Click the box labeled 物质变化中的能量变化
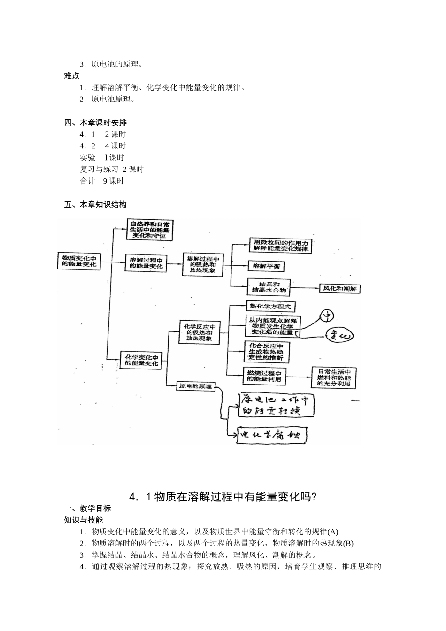click(79, 262)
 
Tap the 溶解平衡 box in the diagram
click(266, 266)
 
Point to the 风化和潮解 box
click(339, 289)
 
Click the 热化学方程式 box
click(271, 307)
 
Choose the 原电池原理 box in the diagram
click(195, 387)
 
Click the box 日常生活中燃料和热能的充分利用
click(334, 377)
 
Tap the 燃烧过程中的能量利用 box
click(264, 375)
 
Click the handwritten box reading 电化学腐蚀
click(272, 435)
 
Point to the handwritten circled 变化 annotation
click(339, 336)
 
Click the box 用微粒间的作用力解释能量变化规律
click(281, 246)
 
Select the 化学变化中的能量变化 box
click(141, 360)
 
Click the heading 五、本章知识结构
click(95, 205)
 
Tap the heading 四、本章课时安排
click(95, 123)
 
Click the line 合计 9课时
click(102, 181)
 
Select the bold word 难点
click(72, 76)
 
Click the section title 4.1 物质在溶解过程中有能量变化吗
click(223, 497)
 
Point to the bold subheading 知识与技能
click(84, 520)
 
